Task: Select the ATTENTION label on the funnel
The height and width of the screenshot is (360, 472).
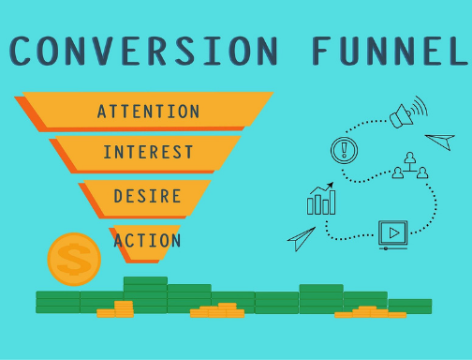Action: [x=148, y=112]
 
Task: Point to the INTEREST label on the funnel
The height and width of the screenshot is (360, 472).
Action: [x=148, y=152]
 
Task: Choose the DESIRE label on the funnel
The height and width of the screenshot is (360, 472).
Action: [x=147, y=196]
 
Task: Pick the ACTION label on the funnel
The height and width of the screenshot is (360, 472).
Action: [x=146, y=241]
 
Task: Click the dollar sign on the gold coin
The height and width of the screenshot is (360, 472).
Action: [x=74, y=259]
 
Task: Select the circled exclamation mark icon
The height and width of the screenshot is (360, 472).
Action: [x=345, y=149]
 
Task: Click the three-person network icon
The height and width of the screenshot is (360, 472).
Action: [x=409, y=166]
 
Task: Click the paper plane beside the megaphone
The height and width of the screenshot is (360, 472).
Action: [x=440, y=142]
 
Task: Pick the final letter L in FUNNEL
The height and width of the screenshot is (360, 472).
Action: [x=456, y=52]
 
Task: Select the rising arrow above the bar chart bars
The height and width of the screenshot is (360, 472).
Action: [x=322, y=188]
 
